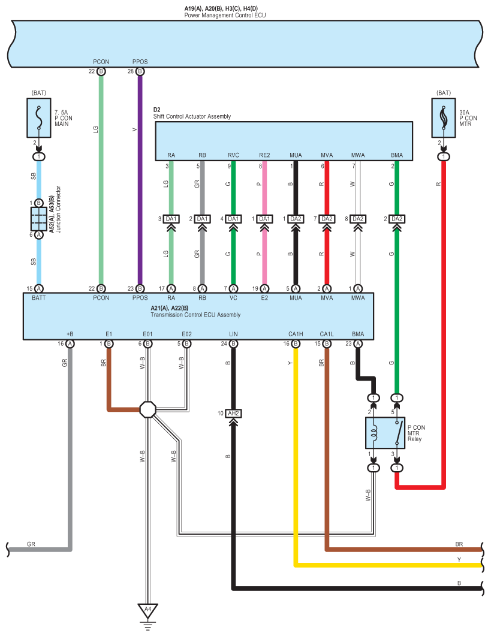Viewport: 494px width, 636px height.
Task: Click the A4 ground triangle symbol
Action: (x=147, y=610)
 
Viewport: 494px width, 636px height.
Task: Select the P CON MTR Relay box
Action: (x=385, y=433)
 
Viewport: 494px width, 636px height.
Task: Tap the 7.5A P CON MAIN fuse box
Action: (x=39, y=117)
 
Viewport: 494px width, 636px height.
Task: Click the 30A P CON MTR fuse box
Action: (x=444, y=117)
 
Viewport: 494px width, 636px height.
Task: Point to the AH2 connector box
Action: (x=233, y=414)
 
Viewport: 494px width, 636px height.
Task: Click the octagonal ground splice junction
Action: (x=147, y=409)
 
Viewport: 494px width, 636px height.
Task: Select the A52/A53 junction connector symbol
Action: (x=39, y=219)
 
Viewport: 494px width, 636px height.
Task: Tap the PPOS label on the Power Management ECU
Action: (x=140, y=62)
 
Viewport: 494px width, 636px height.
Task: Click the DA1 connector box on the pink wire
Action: (x=264, y=219)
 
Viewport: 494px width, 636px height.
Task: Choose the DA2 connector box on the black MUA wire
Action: (x=296, y=219)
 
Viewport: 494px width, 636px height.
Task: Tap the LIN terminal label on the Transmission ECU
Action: (x=233, y=334)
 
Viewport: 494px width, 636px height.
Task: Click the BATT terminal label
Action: (x=39, y=298)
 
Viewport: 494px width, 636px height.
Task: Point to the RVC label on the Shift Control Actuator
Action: (x=233, y=155)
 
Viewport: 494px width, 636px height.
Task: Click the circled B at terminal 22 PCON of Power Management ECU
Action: (x=101, y=71)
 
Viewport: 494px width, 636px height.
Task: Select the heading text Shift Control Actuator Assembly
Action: (x=192, y=116)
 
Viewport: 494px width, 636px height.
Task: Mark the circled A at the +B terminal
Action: (x=70, y=344)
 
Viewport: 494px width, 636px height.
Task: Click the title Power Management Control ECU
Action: (x=225, y=16)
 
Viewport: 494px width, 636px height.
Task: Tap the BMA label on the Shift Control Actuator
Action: (x=397, y=155)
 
